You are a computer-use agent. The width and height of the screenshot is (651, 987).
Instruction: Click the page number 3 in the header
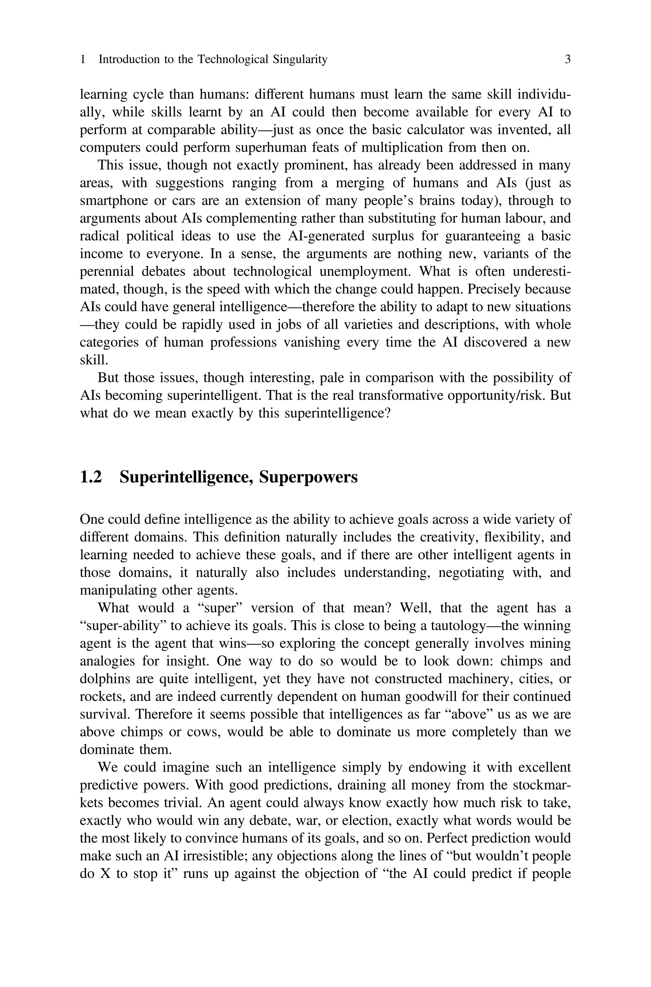(x=567, y=59)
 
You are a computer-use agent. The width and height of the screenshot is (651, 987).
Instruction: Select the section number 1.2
(x=91, y=477)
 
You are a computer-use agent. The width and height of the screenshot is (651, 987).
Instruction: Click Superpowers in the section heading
(x=308, y=477)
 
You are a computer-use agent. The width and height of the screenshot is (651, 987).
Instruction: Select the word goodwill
(x=423, y=696)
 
